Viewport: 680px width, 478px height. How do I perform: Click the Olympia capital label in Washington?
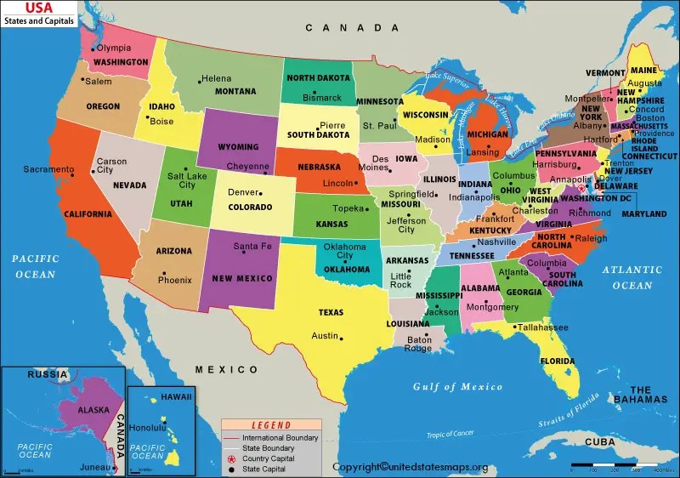(x=114, y=48)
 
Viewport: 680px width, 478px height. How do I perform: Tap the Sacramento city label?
(x=48, y=169)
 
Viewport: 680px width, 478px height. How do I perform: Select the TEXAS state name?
(x=331, y=313)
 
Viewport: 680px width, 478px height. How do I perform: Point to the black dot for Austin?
(x=342, y=338)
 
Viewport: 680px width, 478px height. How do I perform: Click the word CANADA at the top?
(x=340, y=28)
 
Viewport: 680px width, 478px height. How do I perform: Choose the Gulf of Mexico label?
(x=457, y=387)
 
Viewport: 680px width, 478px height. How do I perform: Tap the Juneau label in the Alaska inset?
(x=93, y=466)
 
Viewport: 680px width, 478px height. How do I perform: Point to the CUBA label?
(x=600, y=442)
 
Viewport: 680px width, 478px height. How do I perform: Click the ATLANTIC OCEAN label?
(x=632, y=277)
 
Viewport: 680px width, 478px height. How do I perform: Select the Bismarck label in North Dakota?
(x=322, y=98)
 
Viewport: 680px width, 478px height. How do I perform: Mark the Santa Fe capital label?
(x=252, y=247)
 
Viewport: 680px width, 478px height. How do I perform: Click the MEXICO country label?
(x=227, y=369)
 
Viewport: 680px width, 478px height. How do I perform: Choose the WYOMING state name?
(x=238, y=147)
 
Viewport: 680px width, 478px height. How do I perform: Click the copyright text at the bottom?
(x=411, y=467)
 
